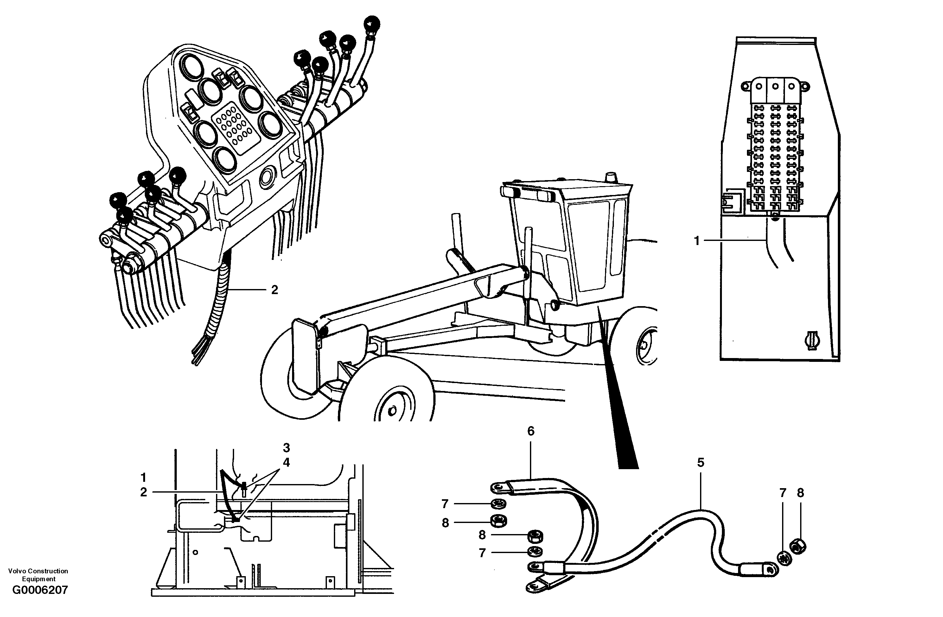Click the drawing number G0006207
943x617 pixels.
(40, 590)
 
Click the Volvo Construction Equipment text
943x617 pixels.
(38, 575)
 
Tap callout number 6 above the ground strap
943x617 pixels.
(531, 431)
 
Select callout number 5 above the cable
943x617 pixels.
(700, 463)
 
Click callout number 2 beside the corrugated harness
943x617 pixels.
(275, 290)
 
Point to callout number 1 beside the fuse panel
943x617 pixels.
(697, 240)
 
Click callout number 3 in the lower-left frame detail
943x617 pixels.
(286, 448)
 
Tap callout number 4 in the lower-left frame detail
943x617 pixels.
(286, 462)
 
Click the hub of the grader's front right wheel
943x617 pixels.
(392, 411)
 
